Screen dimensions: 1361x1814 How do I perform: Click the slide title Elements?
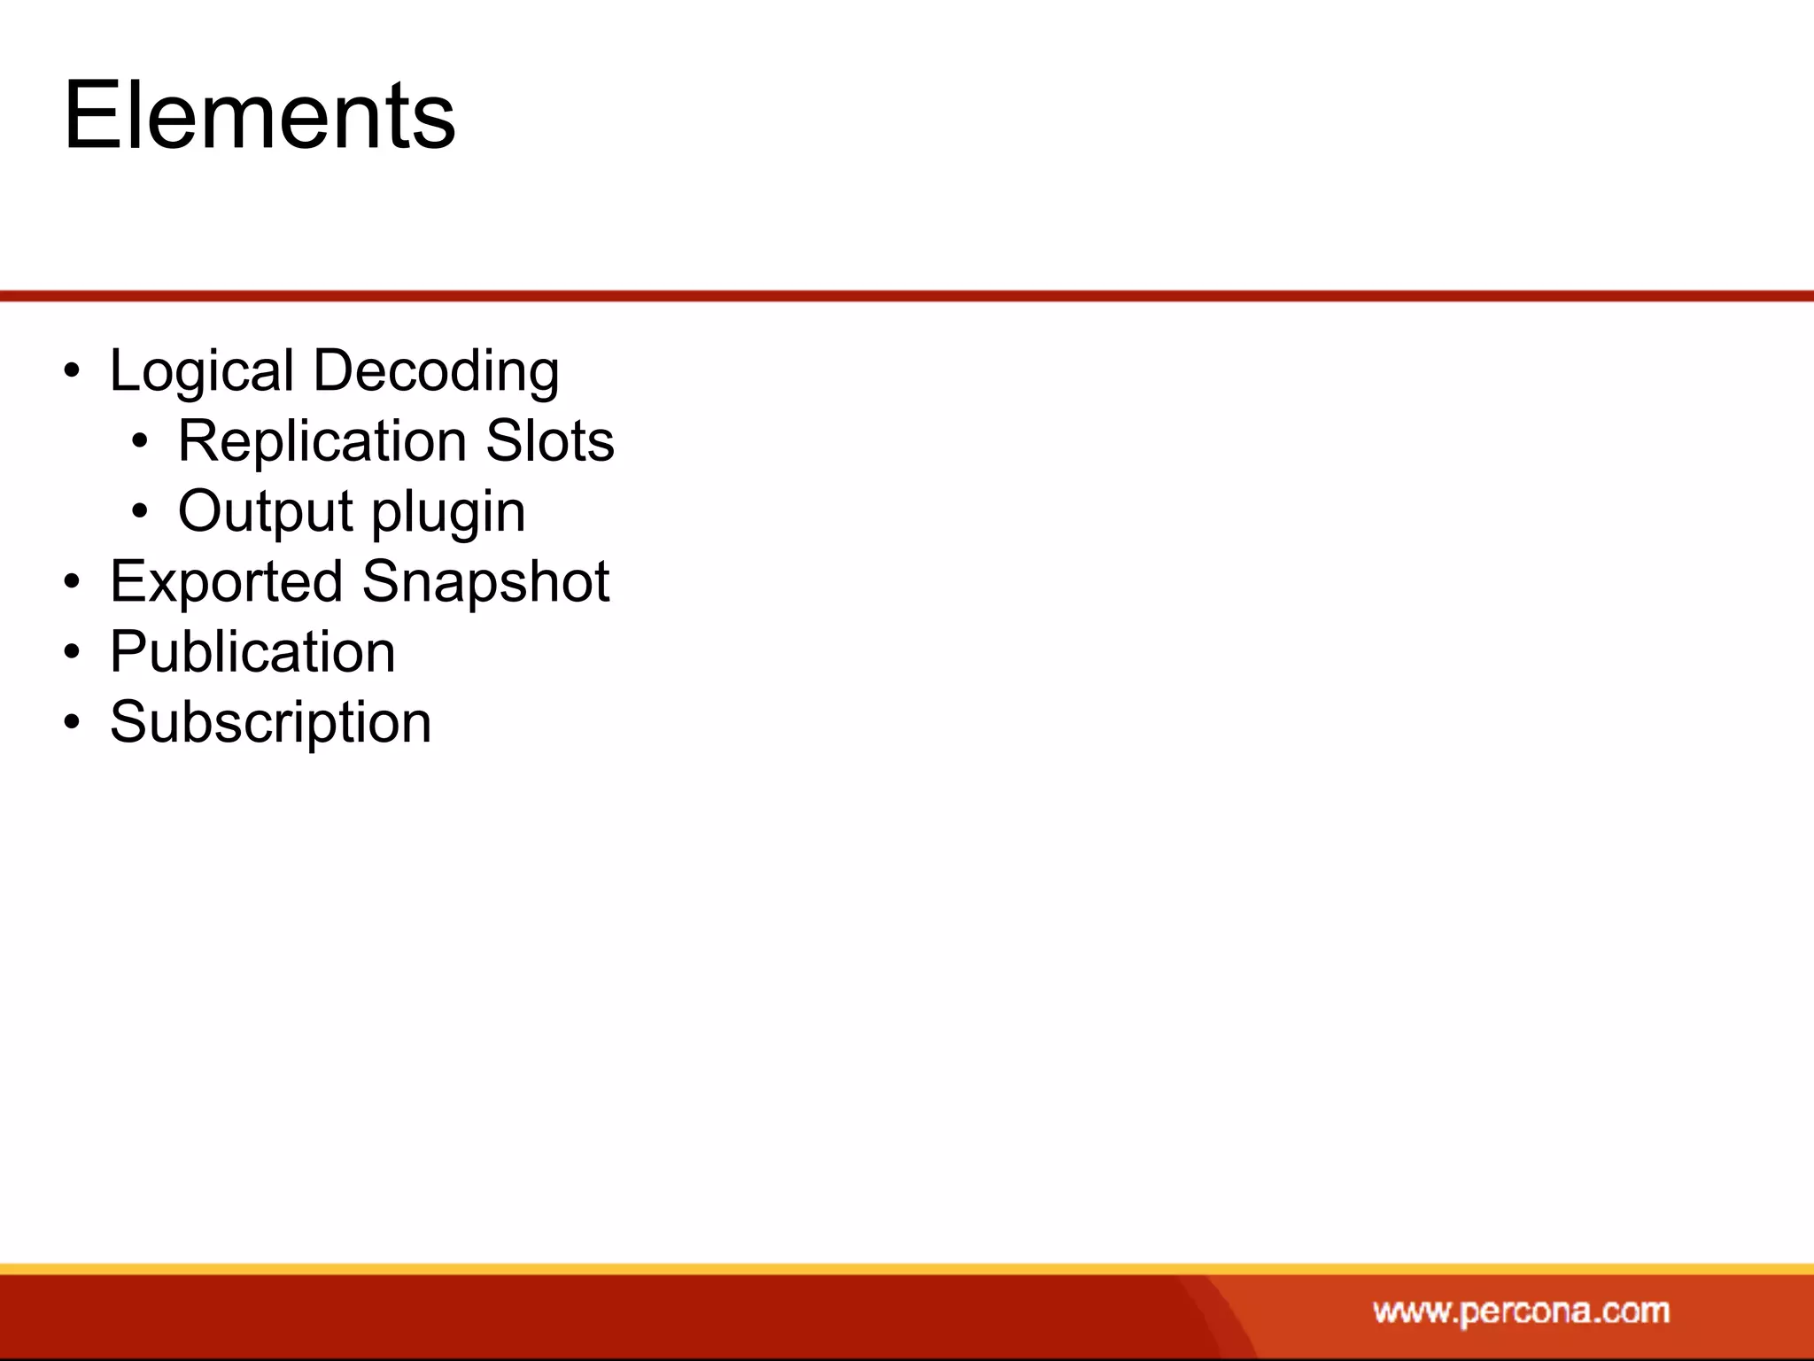pos(260,115)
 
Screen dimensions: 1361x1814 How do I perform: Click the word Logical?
pos(201,370)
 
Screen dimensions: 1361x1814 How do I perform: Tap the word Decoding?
pos(436,370)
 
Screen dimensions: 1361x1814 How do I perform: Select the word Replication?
pos(322,440)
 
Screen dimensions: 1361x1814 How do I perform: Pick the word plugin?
pos(448,513)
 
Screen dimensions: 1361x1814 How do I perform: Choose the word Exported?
pos(226,582)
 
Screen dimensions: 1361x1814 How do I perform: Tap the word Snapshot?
pos(485,582)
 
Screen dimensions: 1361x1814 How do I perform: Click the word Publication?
pos(252,652)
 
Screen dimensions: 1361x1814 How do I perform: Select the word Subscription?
pos(270,722)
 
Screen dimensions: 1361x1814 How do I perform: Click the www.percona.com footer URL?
pos(1521,1310)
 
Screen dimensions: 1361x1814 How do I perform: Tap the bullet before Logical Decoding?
pos(72,371)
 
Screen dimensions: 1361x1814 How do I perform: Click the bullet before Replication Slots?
pos(140,441)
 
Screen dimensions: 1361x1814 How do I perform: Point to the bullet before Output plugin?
pos(140,512)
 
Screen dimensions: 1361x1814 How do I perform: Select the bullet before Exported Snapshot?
pos(72,583)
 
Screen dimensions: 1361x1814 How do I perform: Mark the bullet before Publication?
pos(72,653)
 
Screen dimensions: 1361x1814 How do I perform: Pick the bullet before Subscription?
pos(72,723)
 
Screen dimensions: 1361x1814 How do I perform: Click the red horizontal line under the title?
pos(907,296)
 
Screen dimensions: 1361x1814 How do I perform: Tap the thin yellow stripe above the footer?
pos(907,1269)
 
